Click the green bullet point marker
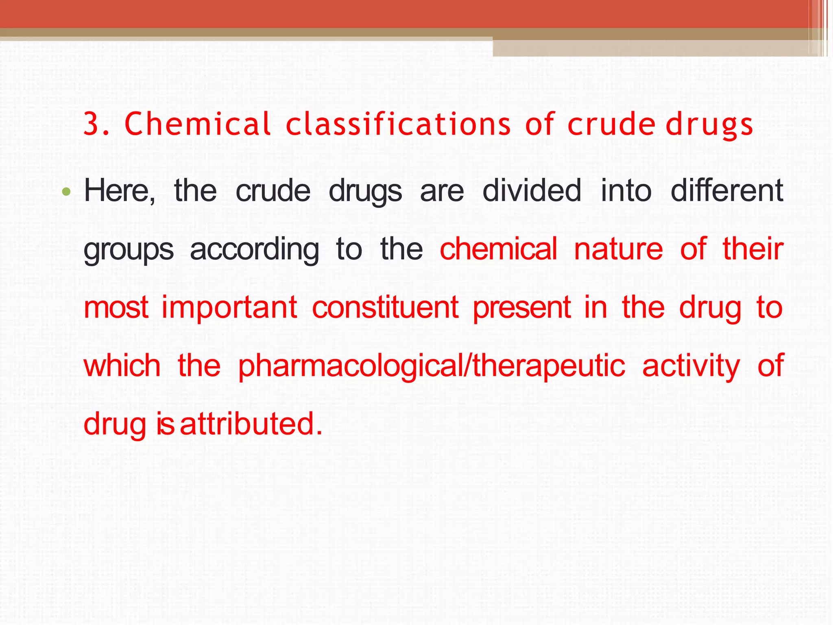[x=67, y=191]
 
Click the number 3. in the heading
[x=96, y=124]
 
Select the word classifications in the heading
[x=398, y=124]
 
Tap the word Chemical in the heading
[x=198, y=124]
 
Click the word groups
[x=129, y=250]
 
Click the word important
[x=229, y=308]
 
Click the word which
[x=122, y=365]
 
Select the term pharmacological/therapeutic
[x=431, y=366]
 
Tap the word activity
[x=691, y=366]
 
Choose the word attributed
[x=251, y=424]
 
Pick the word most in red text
[x=116, y=308]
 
